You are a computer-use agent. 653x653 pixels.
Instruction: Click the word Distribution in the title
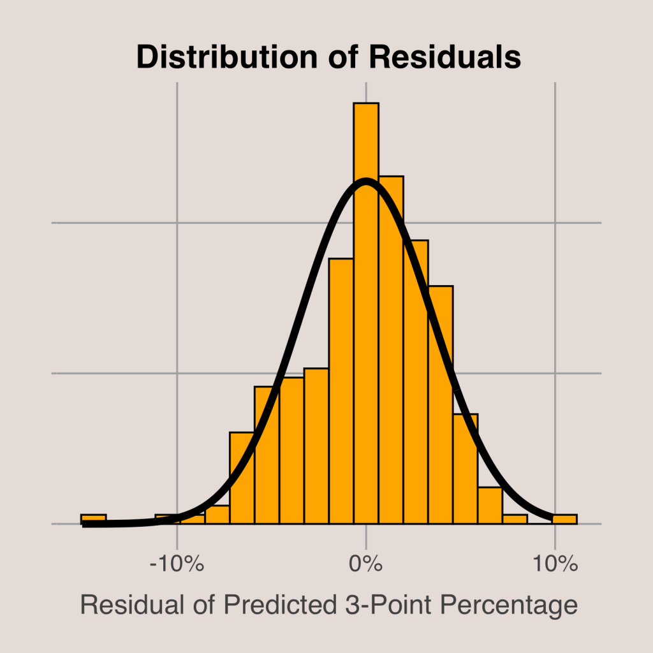(226, 57)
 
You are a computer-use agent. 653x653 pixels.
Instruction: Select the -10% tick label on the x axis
(176, 564)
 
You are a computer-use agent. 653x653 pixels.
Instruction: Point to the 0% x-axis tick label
(366, 564)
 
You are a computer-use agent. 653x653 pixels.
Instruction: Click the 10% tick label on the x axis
(555, 564)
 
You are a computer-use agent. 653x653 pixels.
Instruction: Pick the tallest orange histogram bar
(366, 312)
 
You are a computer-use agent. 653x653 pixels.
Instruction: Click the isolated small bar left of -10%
(93, 519)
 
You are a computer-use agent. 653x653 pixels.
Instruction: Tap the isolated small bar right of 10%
(564, 519)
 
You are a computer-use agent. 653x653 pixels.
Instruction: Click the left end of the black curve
(85, 524)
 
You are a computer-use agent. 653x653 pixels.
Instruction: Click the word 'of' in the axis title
(205, 605)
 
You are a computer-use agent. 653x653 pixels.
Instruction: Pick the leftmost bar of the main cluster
(167, 519)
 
